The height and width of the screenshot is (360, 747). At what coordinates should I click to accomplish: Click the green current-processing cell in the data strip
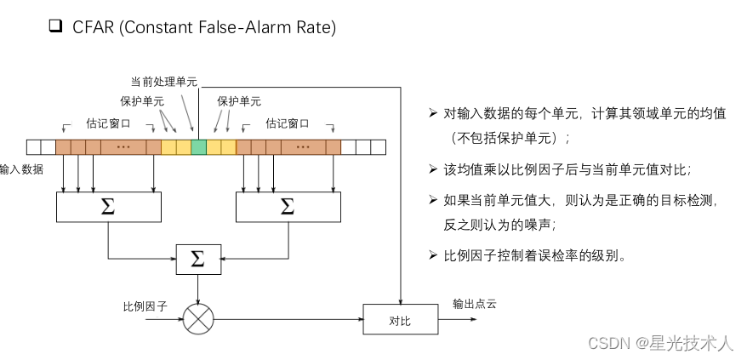(x=198, y=146)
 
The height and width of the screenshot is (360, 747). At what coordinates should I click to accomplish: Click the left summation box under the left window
(x=108, y=206)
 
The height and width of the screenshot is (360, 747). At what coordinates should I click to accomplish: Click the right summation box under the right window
(x=288, y=206)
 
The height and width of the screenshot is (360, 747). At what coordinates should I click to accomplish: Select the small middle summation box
(x=197, y=259)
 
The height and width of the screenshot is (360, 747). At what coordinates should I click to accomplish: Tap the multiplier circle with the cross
(x=198, y=320)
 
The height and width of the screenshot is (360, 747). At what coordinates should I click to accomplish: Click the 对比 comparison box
(x=401, y=320)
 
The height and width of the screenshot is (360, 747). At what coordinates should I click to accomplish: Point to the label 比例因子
(x=145, y=305)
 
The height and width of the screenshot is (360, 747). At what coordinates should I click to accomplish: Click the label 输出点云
(x=474, y=304)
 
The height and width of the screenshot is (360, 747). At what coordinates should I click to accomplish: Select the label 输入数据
(x=21, y=169)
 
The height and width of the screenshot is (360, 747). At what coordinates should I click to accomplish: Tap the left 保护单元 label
(x=142, y=101)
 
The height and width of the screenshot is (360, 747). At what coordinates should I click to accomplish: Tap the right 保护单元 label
(x=239, y=101)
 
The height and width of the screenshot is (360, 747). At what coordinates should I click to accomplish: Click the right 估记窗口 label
(x=288, y=123)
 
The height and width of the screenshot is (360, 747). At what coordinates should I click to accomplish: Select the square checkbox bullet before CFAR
(x=56, y=26)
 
